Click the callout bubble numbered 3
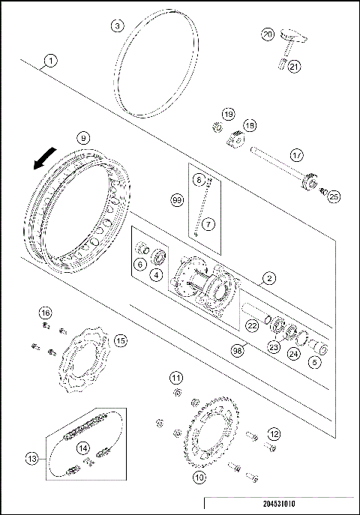coord(117,25)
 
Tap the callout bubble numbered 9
coord(83,137)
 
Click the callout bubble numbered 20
coord(268,34)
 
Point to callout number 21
coord(295,66)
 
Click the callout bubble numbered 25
coord(334,196)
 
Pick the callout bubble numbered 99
coord(178,201)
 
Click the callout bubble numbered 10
coord(199,476)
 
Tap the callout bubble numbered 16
coord(45,313)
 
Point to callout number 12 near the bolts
coord(274,433)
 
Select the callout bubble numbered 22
coord(253,326)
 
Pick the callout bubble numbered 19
coord(228,113)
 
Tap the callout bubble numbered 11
coord(175,376)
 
